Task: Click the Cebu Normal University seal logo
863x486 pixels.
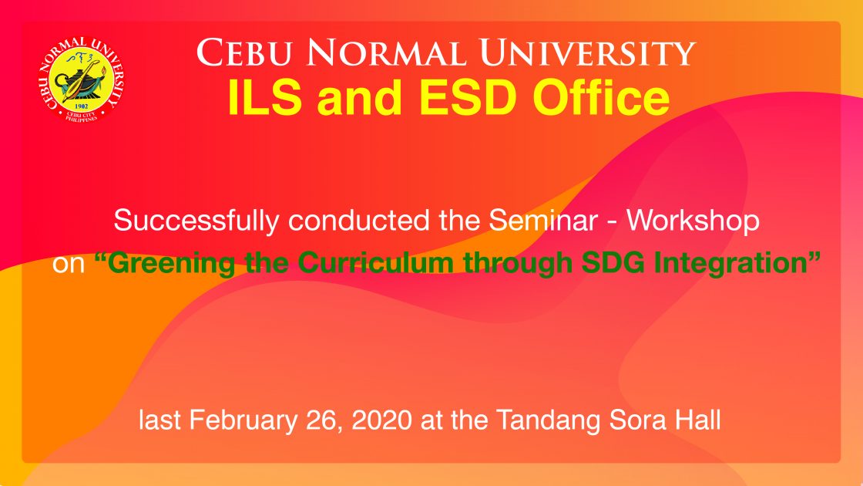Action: pos(82,79)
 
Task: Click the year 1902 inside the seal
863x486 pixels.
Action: pos(81,106)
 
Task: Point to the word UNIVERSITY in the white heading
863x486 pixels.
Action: pos(587,52)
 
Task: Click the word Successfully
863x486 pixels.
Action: pos(196,221)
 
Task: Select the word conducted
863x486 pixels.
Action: pos(359,221)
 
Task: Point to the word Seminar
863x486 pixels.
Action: pos(543,221)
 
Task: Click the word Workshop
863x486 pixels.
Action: pos(693,221)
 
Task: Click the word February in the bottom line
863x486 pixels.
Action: pos(243,421)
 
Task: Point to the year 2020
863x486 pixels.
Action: pos(381,420)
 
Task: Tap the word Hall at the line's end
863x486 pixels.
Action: pos(698,420)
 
